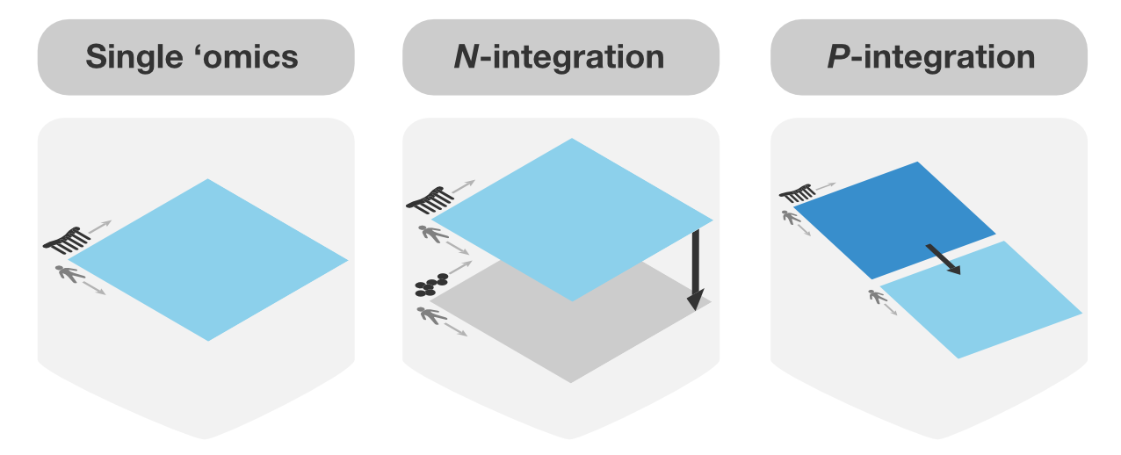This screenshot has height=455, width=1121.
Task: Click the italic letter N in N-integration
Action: tap(466, 56)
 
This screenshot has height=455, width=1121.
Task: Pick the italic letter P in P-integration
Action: tap(839, 56)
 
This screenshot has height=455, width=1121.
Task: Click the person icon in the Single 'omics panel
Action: tap(70, 274)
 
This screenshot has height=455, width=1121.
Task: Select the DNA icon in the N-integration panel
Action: tap(430, 200)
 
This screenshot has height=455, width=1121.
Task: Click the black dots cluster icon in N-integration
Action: tap(430, 285)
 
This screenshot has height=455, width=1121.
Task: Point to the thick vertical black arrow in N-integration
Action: tap(696, 271)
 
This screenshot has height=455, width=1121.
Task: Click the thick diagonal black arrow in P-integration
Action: tap(944, 259)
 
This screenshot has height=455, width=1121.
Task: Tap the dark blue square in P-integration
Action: tap(895, 220)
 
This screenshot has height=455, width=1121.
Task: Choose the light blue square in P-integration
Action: tap(981, 300)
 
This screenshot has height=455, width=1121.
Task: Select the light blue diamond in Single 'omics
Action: tap(207, 260)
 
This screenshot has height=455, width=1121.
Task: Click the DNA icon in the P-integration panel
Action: tap(798, 193)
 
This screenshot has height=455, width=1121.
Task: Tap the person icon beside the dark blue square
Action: tap(792, 218)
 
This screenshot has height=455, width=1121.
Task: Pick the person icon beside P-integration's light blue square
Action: tap(878, 296)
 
